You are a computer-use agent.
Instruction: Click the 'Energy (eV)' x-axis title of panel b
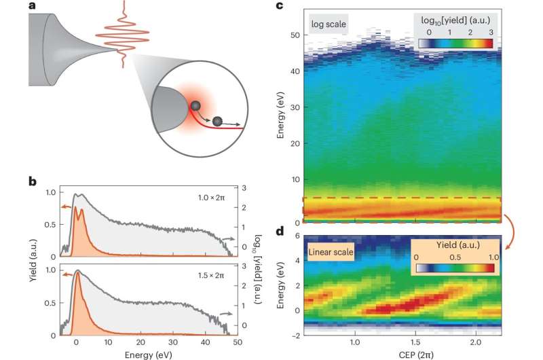click(x=145, y=353)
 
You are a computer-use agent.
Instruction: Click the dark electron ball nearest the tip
click(x=195, y=105)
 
